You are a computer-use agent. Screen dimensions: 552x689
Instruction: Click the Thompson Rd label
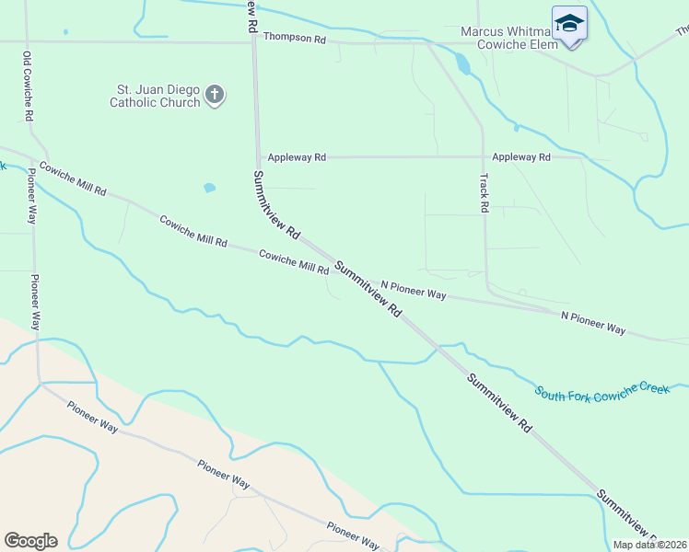coord(295,38)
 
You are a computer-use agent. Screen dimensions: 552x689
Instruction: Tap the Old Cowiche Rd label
coord(28,86)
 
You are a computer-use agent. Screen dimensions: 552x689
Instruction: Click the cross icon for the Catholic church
coord(215,95)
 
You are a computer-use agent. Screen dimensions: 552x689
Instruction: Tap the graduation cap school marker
coord(569,23)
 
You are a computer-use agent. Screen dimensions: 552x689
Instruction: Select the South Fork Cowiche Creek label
coord(602,390)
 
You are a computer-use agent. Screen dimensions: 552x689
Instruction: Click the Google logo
coord(30,541)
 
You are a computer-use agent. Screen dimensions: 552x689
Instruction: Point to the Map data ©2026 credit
coord(649,545)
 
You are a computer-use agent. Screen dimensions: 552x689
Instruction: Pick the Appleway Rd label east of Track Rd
coord(521,157)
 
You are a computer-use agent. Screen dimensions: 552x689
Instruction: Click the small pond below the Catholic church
coord(210,188)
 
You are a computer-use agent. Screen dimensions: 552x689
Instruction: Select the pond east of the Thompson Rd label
coord(462,63)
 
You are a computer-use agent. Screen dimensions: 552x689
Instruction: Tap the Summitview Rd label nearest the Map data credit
coord(626,515)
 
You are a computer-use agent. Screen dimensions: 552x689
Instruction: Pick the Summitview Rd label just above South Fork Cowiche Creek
coord(500,403)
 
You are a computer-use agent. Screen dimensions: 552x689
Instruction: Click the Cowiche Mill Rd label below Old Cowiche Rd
coord(73,178)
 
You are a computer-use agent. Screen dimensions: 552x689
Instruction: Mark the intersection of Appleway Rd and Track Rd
coord(483,157)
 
